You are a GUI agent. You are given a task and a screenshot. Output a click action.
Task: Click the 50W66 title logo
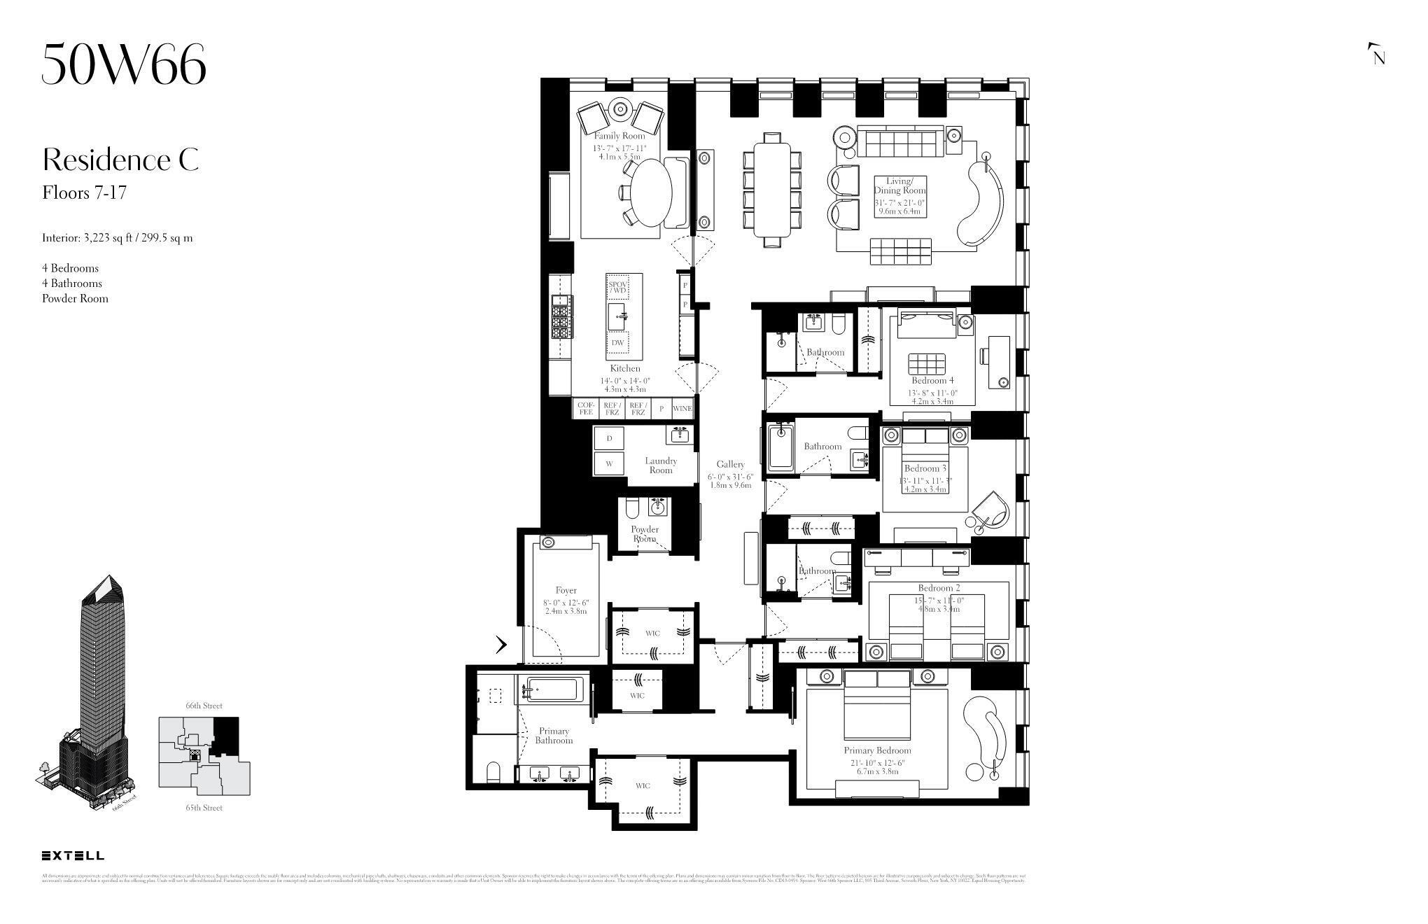click(124, 64)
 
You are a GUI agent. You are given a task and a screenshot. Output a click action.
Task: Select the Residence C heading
click(120, 160)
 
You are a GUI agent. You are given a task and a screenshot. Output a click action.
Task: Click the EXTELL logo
click(73, 855)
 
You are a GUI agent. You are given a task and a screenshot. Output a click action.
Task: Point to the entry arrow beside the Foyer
click(501, 645)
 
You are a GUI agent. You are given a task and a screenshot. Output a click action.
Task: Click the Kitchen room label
click(624, 368)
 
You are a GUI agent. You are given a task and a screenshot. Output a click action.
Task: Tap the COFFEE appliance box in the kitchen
click(586, 409)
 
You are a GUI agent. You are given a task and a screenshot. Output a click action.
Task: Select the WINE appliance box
click(682, 409)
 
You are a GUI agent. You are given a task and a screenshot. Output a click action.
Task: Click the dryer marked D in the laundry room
click(609, 438)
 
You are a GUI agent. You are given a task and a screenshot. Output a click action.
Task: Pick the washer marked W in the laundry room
click(609, 463)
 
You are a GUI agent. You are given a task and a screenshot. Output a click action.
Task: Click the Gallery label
click(730, 464)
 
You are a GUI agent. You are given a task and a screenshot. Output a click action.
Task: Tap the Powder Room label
click(645, 533)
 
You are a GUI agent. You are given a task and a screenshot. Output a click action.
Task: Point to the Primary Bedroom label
click(877, 750)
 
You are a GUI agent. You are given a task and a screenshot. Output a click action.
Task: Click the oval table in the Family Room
click(651, 192)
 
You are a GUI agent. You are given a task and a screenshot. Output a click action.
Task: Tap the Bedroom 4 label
click(932, 381)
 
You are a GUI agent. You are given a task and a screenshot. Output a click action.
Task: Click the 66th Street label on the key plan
click(204, 706)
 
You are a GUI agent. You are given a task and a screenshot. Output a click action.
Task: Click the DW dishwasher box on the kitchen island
click(617, 343)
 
